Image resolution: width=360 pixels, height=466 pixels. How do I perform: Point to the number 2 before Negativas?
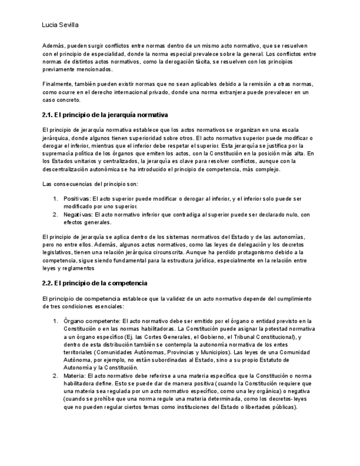click(x=56, y=215)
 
